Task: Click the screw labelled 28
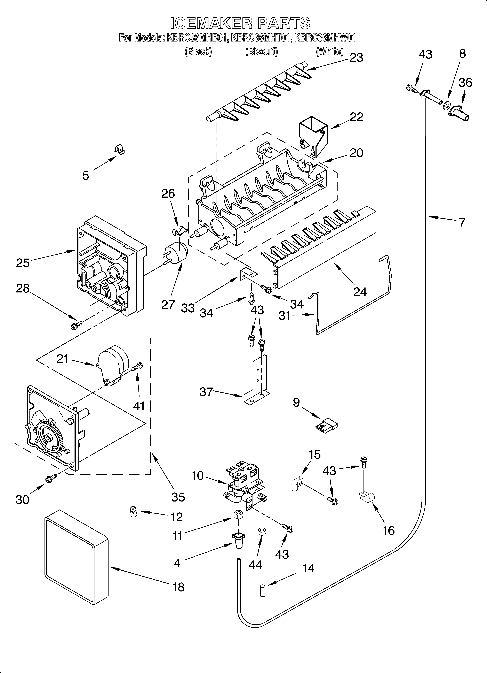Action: [76, 325]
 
